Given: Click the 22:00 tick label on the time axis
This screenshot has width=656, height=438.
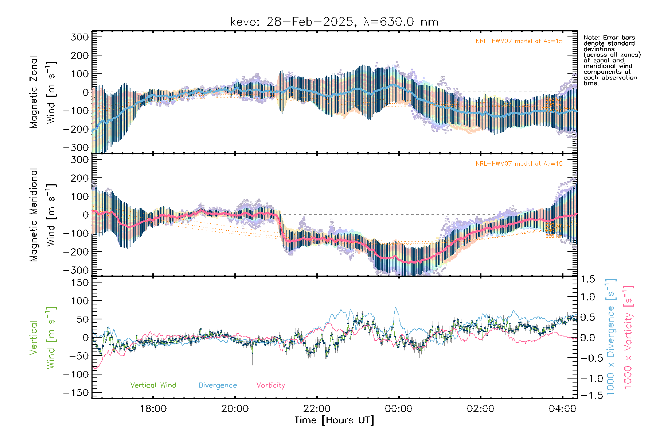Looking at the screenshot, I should [317, 408].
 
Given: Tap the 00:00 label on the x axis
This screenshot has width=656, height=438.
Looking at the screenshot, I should [399, 408].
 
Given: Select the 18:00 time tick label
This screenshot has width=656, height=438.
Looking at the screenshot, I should [153, 408].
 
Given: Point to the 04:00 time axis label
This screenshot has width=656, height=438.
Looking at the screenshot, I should [562, 408].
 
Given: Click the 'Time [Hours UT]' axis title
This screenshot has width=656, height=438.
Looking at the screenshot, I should [334, 420].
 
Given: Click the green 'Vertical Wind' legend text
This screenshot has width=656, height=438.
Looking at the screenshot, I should [153, 385].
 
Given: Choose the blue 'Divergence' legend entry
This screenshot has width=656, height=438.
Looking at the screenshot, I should [218, 385].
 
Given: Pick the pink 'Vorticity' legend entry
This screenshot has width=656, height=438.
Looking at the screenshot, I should [270, 385].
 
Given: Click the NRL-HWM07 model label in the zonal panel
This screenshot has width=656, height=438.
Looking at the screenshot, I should [519, 41].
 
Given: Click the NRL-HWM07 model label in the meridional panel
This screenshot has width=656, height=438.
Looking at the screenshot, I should [519, 164].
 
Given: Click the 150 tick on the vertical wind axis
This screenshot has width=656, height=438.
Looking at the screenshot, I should [80, 282].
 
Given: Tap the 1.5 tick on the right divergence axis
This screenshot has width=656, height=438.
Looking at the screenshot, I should [587, 279].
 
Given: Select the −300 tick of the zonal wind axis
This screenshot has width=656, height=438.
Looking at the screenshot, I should [76, 147].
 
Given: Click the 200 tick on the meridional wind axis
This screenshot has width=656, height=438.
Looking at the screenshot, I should [80, 178].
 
